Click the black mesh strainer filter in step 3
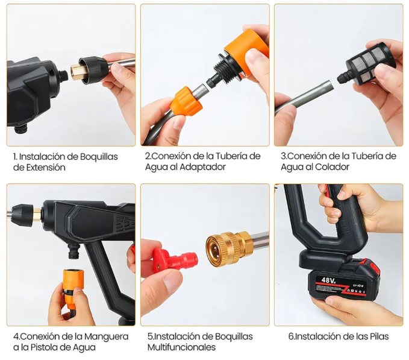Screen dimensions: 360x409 coord(372,61)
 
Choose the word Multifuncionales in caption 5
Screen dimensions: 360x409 coord(182,347)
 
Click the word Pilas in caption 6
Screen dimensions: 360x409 coord(376,336)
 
